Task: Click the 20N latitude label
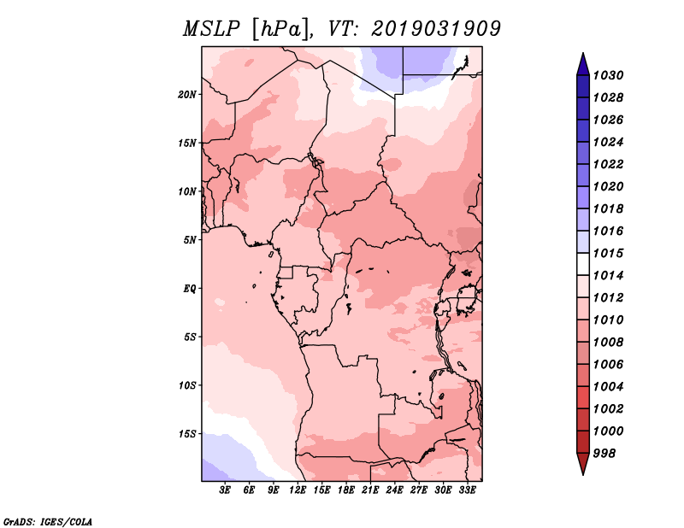(186, 95)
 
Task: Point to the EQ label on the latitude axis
(190, 289)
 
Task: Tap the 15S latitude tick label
(187, 434)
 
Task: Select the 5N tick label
(190, 240)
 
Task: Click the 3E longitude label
(225, 490)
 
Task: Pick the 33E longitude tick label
(467, 490)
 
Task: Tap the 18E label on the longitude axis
(346, 490)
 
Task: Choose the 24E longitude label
(394, 490)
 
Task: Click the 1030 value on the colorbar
(609, 75)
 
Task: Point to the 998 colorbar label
(604, 454)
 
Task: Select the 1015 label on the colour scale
(609, 253)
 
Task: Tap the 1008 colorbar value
(609, 343)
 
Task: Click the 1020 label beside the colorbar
(609, 186)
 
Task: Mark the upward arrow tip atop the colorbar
(583, 53)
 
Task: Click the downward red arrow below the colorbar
(583, 464)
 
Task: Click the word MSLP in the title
(212, 29)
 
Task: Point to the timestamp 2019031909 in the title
(436, 29)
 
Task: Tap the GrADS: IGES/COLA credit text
(48, 521)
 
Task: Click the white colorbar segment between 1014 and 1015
(583, 264)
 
